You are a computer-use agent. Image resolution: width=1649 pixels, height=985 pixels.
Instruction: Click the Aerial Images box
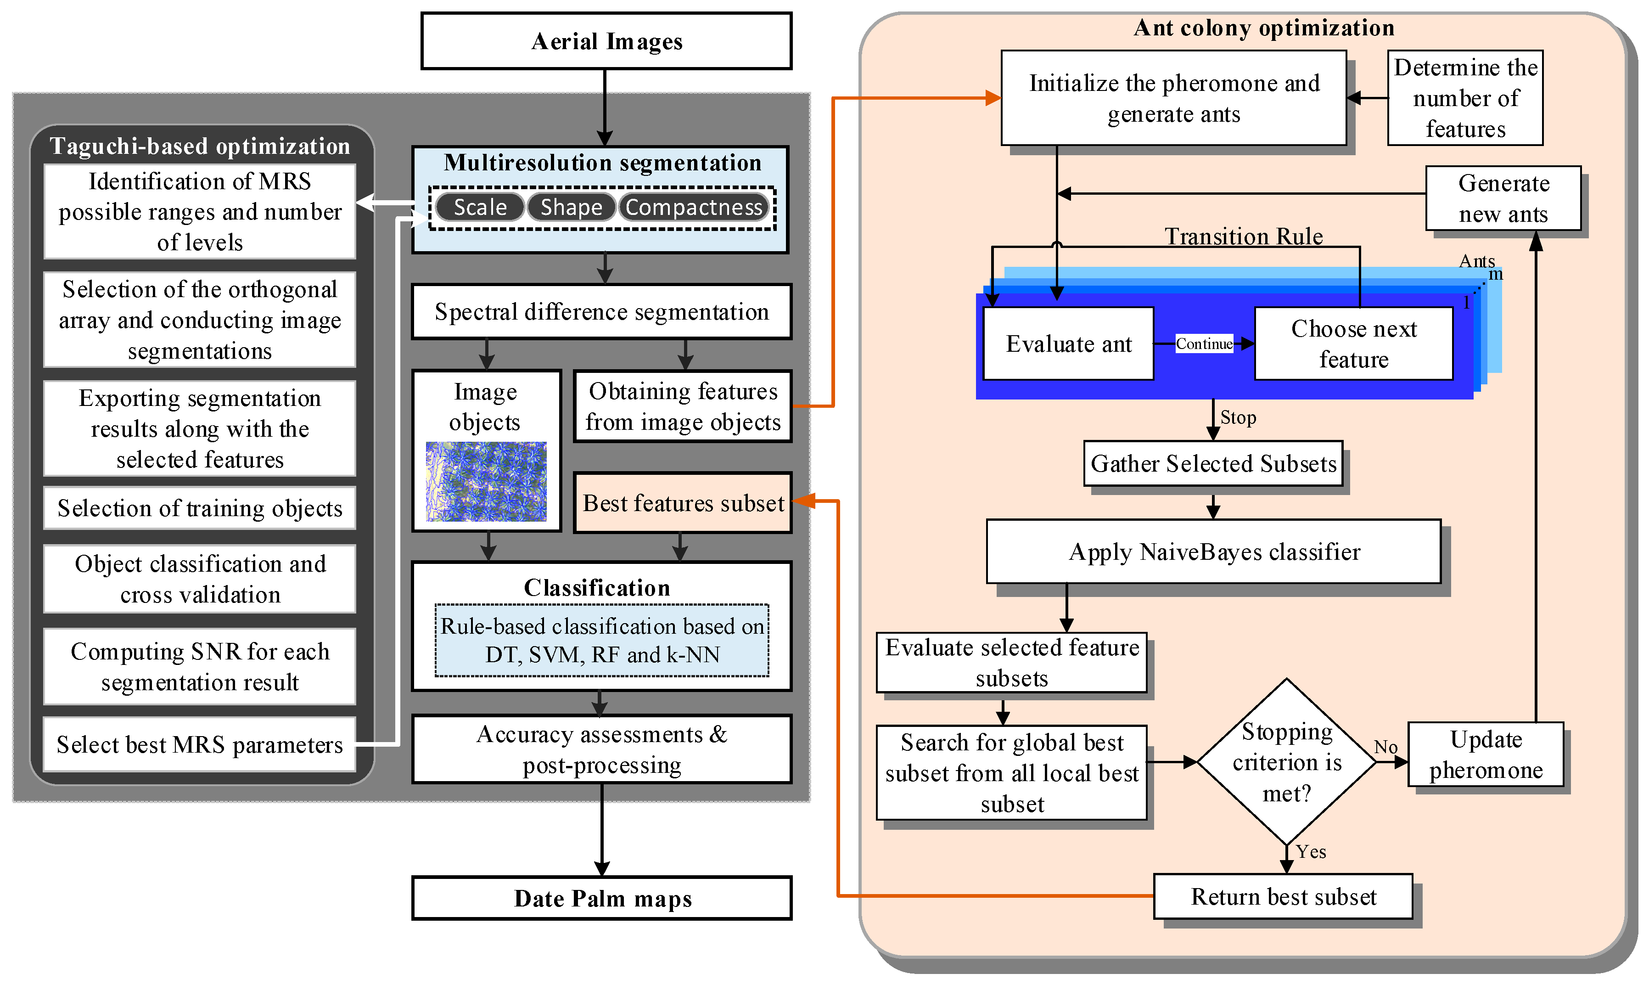(x=606, y=41)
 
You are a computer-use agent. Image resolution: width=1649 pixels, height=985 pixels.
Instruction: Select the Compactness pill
(x=694, y=207)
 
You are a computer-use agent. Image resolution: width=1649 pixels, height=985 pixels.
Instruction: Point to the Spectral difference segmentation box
(x=601, y=311)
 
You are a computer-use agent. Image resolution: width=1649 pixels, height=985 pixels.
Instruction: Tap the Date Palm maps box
(x=602, y=898)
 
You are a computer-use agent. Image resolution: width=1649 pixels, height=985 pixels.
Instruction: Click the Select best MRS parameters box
(x=199, y=744)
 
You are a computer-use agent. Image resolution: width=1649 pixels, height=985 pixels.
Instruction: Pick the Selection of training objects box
(x=199, y=508)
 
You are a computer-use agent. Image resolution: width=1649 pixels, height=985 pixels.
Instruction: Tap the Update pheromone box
(x=1485, y=754)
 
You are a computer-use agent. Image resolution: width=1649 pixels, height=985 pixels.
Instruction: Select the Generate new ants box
(x=1503, y=198)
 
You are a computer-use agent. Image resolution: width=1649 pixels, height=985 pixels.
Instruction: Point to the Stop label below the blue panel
(x=1238, y=417)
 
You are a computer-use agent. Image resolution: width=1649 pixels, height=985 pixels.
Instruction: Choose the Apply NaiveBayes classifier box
(x=1214, y=552)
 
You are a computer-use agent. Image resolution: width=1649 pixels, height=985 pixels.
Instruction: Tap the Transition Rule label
(x=1244, y=236)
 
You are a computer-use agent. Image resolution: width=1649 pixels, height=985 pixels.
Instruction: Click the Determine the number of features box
(x=1465, y=97)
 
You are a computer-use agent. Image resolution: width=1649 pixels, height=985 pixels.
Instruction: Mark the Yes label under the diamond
(x=1311, y=851)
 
